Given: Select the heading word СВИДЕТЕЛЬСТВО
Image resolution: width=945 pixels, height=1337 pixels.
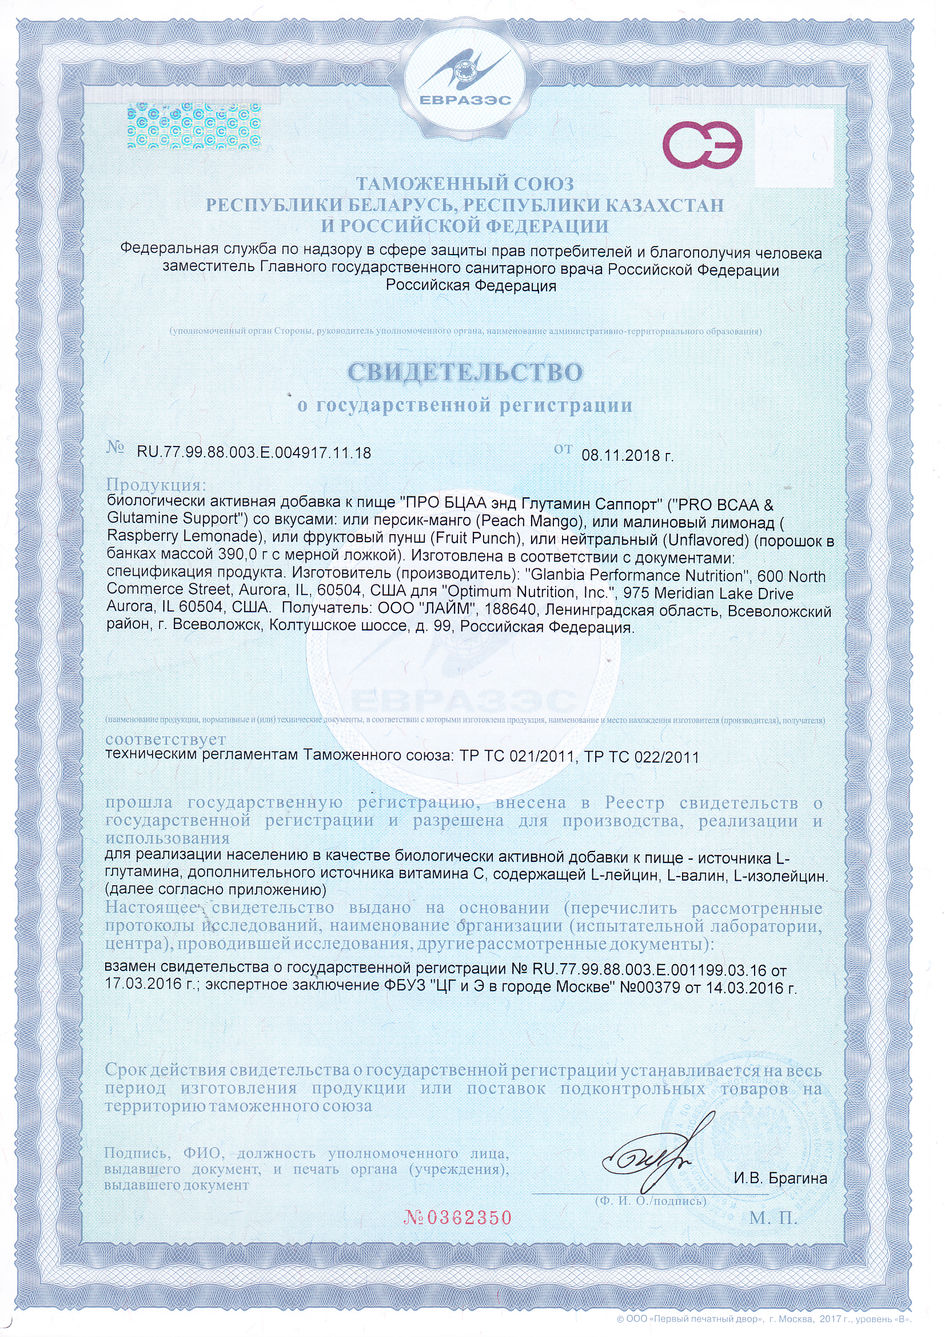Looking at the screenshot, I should click(x=465, y=373).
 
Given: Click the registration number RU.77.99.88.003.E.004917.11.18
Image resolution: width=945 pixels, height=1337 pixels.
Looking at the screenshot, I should click(x=254, y=452).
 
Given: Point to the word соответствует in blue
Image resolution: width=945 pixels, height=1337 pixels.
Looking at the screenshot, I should click(x=165, y=740).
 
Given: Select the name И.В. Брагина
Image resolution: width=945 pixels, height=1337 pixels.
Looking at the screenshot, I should click(x=780, y=1178).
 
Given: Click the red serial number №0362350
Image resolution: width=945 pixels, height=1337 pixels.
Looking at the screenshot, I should click(x=458, y=1217).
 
